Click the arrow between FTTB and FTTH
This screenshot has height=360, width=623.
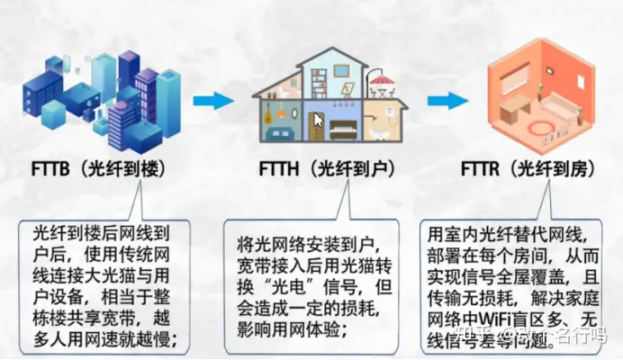(x=212, y=102)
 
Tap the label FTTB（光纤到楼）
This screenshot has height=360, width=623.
(x=96, y=170)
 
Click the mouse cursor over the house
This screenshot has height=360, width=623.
(x=318, y=120)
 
